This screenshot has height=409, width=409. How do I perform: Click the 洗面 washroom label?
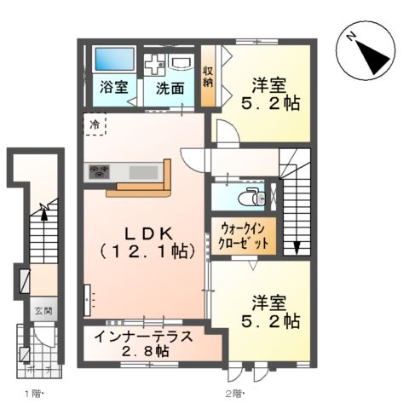(x=170, y=87)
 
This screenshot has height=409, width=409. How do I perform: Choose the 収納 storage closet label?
(x=208, y=77)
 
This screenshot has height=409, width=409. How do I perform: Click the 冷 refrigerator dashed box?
(x=95, y=124)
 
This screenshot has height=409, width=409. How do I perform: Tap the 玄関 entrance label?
(x=42, y=310)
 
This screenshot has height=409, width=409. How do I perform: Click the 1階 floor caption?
(x=32, y=394)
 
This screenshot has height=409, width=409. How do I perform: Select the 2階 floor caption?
(x=234, y=394)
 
